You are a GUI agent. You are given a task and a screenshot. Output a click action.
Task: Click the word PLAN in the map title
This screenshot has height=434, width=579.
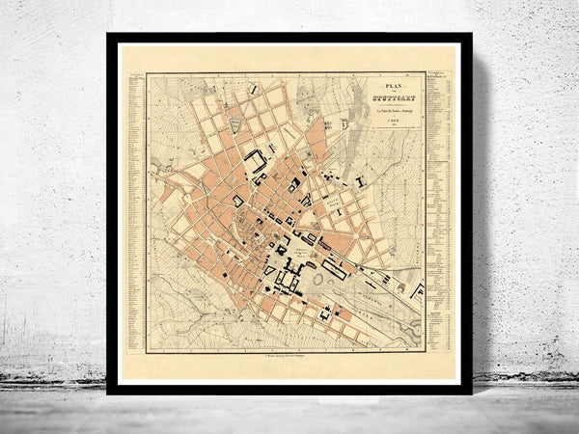384,84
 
